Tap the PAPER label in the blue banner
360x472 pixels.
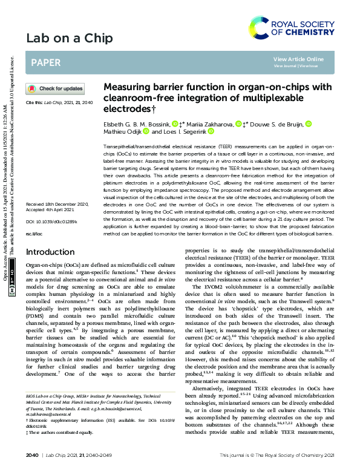click(45, 62)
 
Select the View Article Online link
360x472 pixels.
click(298, 59)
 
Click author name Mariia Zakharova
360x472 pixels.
click(211, 123)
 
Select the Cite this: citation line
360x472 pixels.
click(58, 103)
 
